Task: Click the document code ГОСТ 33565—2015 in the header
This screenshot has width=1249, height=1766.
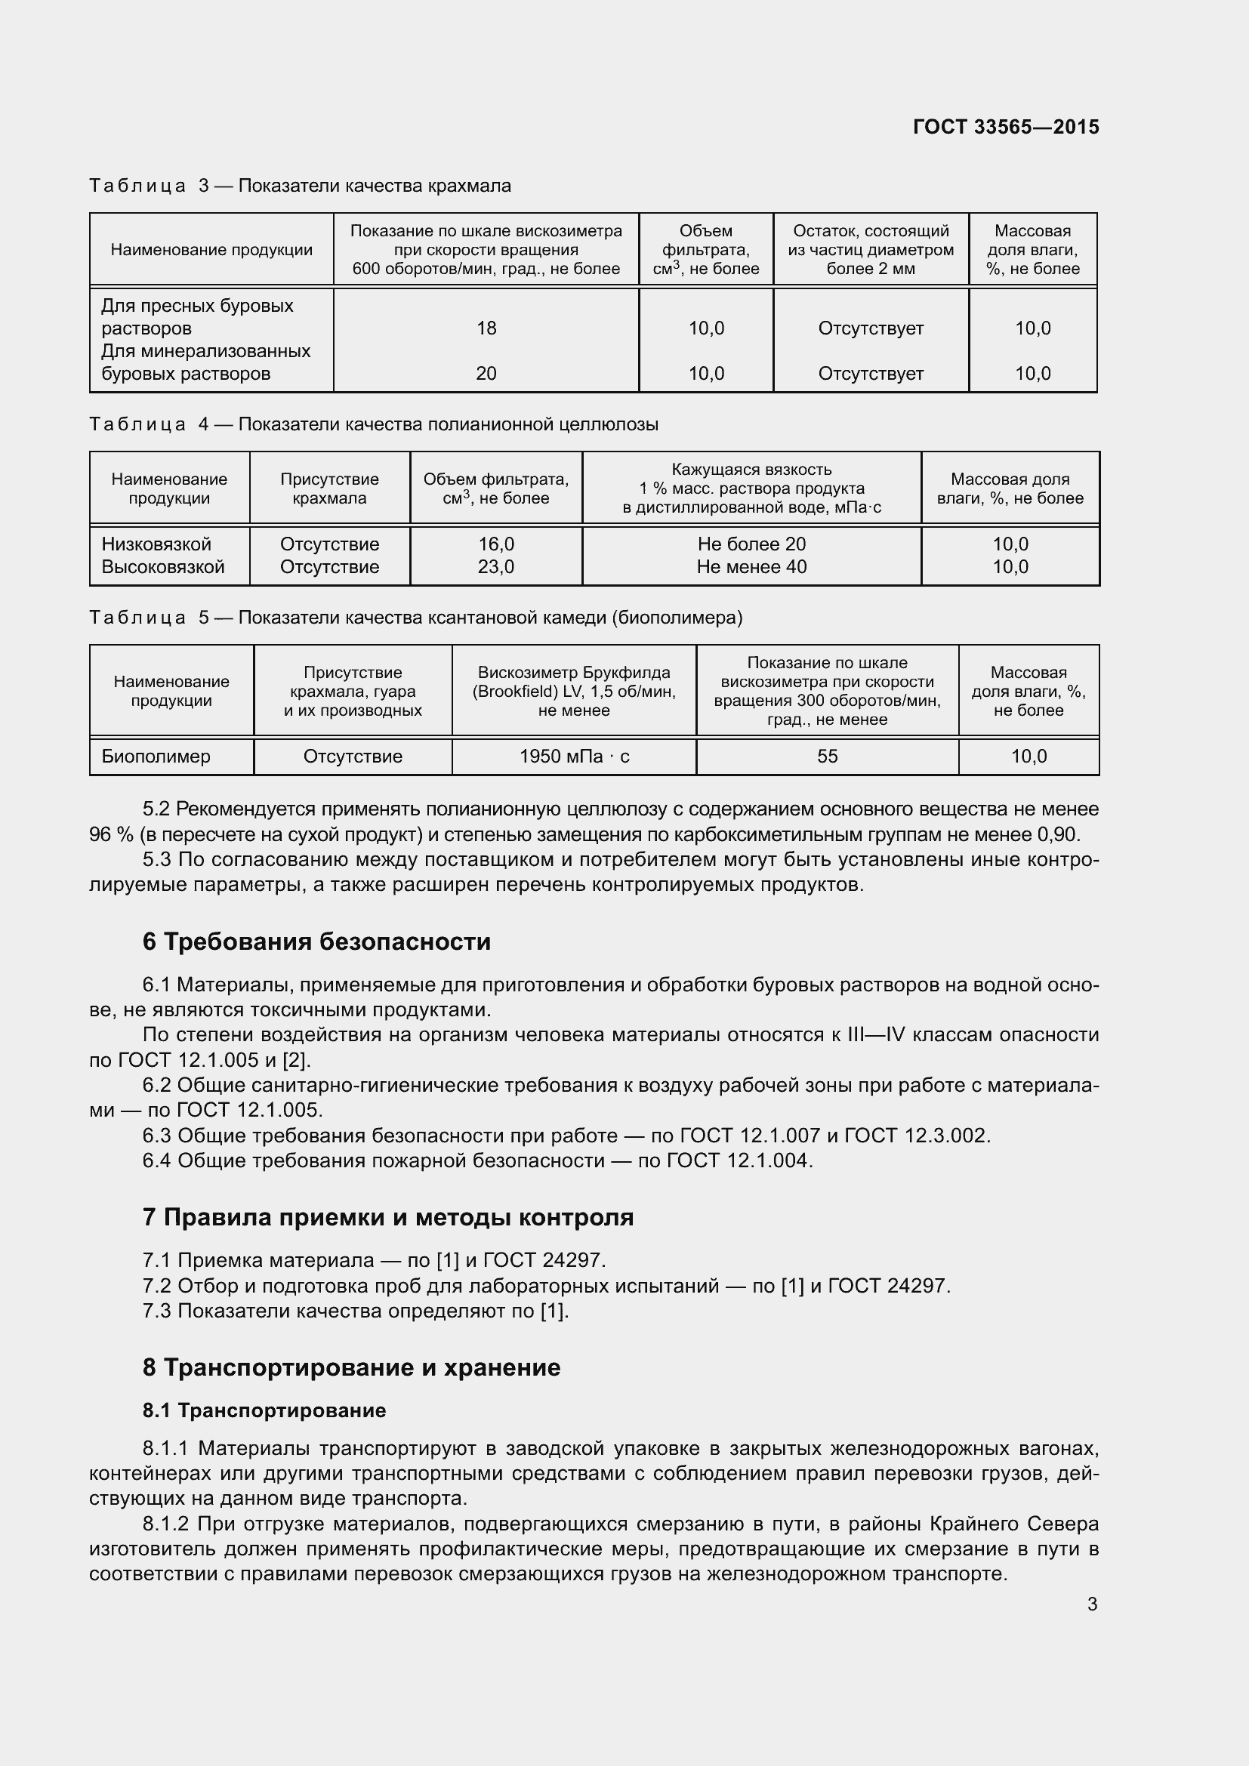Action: [x=1005, y=127]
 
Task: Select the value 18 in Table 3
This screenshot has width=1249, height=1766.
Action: [x=486, y=328]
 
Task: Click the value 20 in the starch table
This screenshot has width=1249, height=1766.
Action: [x=486, y=374]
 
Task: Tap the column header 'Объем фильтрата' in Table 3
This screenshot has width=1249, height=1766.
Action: [x=705, y=249]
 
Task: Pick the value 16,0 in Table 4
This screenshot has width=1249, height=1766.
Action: [x=496, y=544]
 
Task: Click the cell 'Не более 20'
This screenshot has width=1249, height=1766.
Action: [x=751, y=544]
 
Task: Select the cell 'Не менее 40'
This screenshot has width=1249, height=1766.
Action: [x=751, y=568]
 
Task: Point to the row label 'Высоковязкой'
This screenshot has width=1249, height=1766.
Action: [x=163, y=568]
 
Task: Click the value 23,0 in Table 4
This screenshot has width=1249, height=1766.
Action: [x=496, y=568]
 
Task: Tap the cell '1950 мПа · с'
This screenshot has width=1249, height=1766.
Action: [x=574, y=757]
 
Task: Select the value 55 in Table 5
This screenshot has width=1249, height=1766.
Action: [x=827, y=757]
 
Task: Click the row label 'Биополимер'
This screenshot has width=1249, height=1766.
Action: [x=156, y=757]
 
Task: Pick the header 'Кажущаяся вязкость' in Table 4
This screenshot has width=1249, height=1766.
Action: [x=751, y=470]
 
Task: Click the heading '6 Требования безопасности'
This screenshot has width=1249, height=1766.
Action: [x=316, y=942]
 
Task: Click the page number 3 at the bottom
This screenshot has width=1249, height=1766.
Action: [x=1092, y=1604]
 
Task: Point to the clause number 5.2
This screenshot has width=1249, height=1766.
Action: [x=156, y=809]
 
